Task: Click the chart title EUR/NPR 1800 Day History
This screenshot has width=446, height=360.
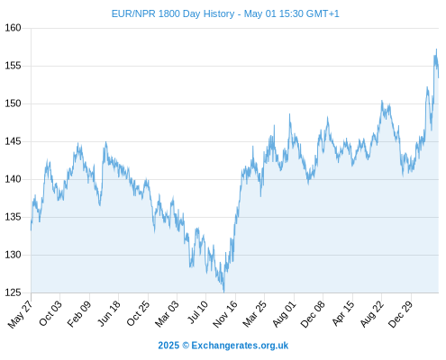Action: [x=173, y=13]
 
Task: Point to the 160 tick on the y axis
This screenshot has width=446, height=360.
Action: [x=13, y=28]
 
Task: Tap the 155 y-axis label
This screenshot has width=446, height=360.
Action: [x=13, y=66]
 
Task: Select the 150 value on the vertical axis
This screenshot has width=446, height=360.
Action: [x=13, y=103]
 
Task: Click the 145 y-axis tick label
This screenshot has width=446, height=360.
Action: [x=13, y=141]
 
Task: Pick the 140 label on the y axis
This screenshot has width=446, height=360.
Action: [x=13, y=179]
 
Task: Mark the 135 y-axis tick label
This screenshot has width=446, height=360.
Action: [x=13, y=217]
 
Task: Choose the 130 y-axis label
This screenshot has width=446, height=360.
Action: [x=13, y=255]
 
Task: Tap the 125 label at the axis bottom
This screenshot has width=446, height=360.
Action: [x=13, y=292]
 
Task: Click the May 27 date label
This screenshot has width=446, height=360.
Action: [x=20, y=314]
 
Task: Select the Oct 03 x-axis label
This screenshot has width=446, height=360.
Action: [x=50, y=313]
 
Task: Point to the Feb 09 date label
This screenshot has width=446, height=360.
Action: [x=78, y=314]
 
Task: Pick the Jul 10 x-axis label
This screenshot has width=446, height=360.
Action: [x=197, y=312]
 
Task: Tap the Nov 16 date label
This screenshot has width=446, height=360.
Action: [x=225, y=314]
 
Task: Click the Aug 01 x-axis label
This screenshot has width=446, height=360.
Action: [x=284, y=314]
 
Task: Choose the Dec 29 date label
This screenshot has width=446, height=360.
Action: [x=401, y=314]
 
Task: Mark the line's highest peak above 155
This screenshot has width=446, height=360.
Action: [x=436, y=49]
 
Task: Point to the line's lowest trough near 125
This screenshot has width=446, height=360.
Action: [x=223, y=292]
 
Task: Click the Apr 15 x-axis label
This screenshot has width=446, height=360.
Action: [x=343, y=313]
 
